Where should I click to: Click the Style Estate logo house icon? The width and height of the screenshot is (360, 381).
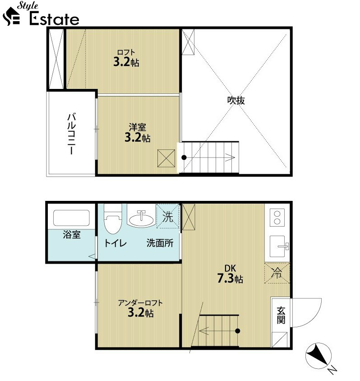click(x=11, y=17)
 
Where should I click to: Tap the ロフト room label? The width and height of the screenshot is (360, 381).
click(x=126, y=52)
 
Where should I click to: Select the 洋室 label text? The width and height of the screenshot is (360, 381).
click(x=138, y=127)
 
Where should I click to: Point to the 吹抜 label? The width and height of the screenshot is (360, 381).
click(x=236, y=100)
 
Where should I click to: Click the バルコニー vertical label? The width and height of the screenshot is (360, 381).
click(x=72, y=134)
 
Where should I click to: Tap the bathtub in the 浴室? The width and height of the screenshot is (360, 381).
click(x=71, y=218)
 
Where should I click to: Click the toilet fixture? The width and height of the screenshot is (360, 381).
click(x=113, y=218)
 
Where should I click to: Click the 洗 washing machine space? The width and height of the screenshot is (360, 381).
click(x=168, y=216)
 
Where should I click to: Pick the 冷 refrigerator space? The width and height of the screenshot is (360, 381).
click(x=277, y=273)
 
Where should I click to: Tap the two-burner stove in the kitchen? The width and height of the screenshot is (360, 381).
click(x=277, y=218)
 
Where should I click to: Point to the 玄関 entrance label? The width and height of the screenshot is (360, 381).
click(x=281, y=315)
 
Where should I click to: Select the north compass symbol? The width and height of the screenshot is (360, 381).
click(x=318, y=355)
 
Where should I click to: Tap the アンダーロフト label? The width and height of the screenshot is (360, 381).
click(x=140, y=303)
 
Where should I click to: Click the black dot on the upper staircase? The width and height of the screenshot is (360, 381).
click(x=184, y=158)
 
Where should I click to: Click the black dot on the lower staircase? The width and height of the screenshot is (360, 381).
click(x=238, y=331)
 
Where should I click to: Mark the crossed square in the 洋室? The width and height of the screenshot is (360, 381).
click(x=166, y=158)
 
